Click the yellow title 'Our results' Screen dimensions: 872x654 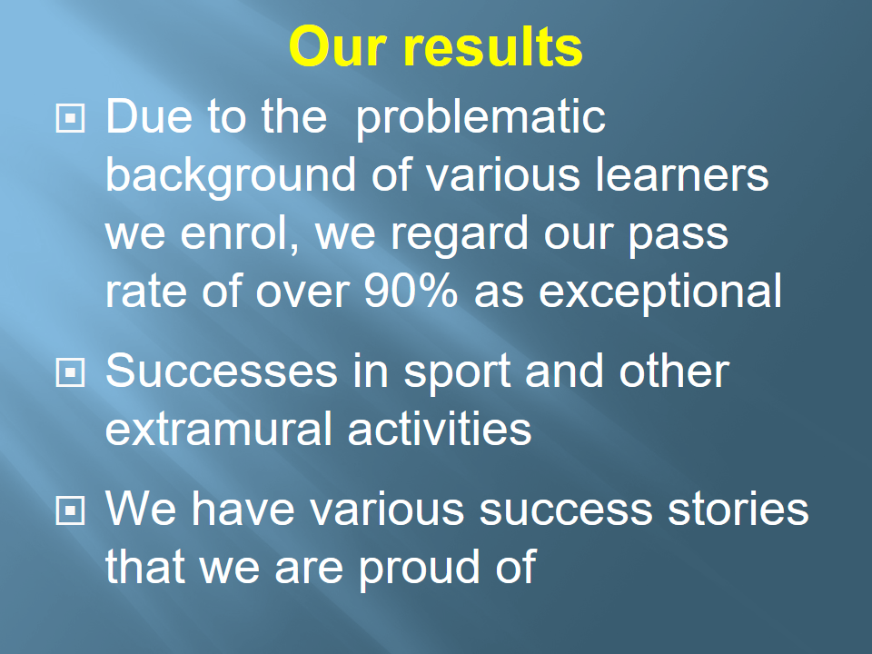pos(435,46)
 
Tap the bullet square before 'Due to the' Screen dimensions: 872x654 pos(70,118)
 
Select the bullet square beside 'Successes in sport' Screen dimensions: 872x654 pos(70,372)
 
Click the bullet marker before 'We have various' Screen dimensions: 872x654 pos(70,510)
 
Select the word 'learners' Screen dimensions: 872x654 pos(682,174)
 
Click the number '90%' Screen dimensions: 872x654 pos(411,291)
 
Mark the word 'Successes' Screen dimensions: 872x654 pos(222,372)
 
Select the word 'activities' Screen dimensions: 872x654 pos(440,429)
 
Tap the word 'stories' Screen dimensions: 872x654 pos(738,510)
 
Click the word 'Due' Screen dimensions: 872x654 pos(148,117)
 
